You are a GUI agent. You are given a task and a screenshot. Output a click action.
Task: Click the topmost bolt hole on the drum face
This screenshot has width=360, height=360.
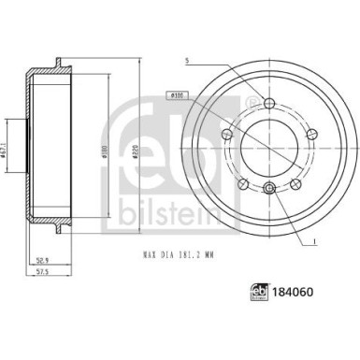coord(269,104)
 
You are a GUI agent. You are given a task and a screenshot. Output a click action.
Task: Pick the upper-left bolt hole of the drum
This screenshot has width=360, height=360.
coord(226,136)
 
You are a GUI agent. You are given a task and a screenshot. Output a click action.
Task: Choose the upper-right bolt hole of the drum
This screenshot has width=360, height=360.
coord(312,136)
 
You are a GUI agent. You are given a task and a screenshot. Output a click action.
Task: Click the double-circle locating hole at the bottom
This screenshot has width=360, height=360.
coord(269,191)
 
